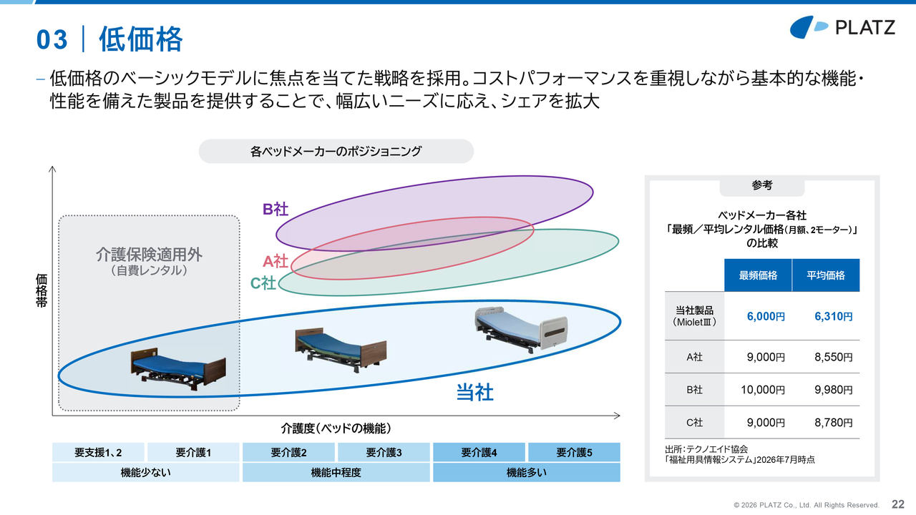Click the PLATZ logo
click(842, 27)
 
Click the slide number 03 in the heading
click(52, 39)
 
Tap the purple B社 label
click(276, 210)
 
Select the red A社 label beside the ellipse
click(276, 262)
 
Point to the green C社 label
click(263, 283)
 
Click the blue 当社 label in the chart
click(474, 393)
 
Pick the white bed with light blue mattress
click(520, 330)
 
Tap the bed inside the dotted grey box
click(178, 370)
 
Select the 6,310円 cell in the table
click(834, 316)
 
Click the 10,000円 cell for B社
click(763, 390)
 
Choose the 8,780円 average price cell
click(834, 423)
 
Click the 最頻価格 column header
click(758, 275)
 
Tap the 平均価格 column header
click(826, 275)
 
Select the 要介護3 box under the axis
click(384, 452)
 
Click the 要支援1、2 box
click(98, 452)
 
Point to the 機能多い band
click(527, 473)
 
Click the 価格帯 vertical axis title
click(42, 290)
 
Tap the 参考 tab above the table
click(762, 185)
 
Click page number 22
click(898, 504)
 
